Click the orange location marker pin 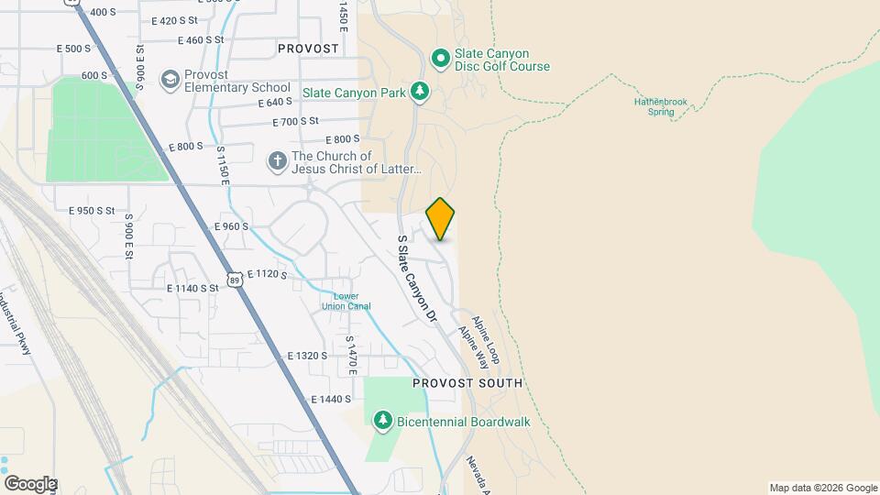pyautogui.click(x=441, y=218)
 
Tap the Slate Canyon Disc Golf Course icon pyautogui.click(x=441, y=60)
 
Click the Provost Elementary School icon pyautogui.click(x=170, y=81)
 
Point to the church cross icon pyautogui.click(x=277, y=162)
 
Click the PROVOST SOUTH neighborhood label pyautogui.click(x=467, y=383)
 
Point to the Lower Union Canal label pyautogui.click(x=346, y=301)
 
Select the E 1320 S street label pyautogui.click(x=307, y=355)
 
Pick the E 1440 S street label pyautogui.click(x=331, y=400)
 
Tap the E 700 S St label pyautogui.click(x=295, y=121)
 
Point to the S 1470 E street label pyautogui.click(x=350, y=356)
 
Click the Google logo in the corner pyautogui.click(x=30, y=484)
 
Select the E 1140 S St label pyautogui.click(x=192, y=288)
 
